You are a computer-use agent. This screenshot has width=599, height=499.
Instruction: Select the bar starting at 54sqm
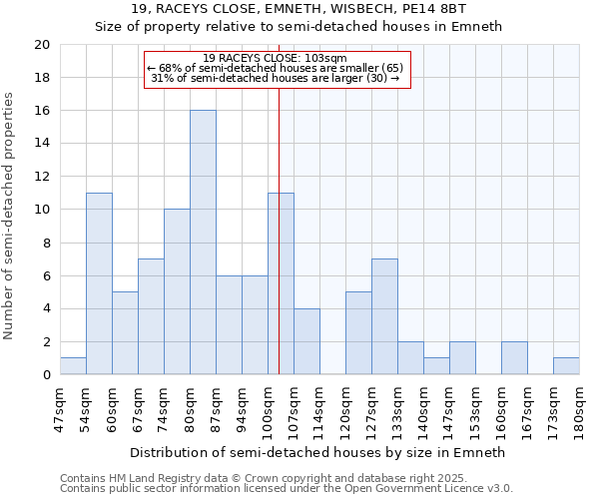pyautogui.click(x=99, y=283)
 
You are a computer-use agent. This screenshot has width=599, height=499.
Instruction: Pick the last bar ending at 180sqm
pyautogui.click(x=566, y=366)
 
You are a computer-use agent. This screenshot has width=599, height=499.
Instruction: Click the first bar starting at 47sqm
pyautogui.click(x=73, y=366)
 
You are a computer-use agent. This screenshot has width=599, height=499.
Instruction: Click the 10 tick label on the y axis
pyautogui.click(x=43, y=210)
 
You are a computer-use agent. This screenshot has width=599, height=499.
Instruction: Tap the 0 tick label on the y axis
pyautogui.click(x=47, y=375)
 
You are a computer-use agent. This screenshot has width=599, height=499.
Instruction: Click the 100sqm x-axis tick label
pyautogui.click(x=269, y=407)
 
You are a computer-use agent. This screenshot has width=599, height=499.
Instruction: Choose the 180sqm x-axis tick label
pyautogui.click(x=580, y=407)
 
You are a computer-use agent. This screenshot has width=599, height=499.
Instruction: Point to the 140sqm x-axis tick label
pyautogui.click(x=424, y=407)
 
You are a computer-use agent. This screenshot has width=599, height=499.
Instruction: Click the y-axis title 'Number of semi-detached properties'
pyautogui.click(x=10, y=216)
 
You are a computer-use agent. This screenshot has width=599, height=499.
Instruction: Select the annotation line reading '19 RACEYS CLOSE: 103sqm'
pyautogui.click(x=275, y=58)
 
